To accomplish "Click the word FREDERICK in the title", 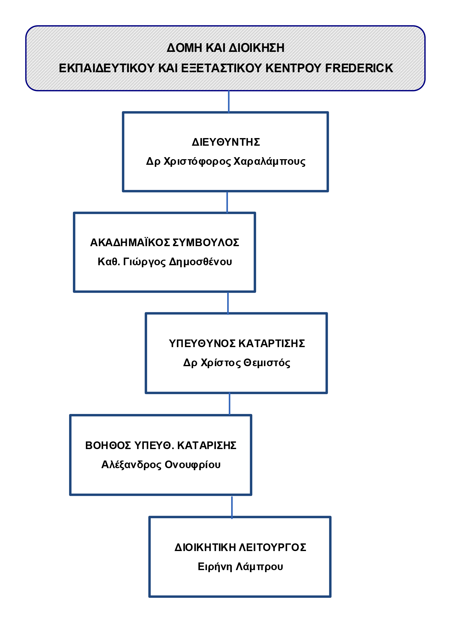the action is pyautogui.click(x=359, y=68).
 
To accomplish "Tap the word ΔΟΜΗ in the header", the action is pyautogui.click(x=184, y=48).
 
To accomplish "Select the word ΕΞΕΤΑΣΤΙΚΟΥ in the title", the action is pyautogui.click(x=222, y=68).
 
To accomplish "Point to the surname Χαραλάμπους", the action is pyautogui.click(x=269, y=161).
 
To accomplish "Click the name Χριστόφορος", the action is pyautogui.click(x=197, y=161).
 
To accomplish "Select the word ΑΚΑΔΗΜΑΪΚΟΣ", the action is pyautogui.click(x=130, y=243).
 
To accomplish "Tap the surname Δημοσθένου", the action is pyautogui.click(x=200, y=262).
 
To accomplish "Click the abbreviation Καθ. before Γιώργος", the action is pyautogui.click(x=109, y=262).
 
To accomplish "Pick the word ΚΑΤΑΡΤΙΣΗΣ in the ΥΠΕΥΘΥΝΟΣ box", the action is pyautogui.click(x=271, y=344).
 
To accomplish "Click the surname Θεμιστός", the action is pyautogui.click(x=267, y=363).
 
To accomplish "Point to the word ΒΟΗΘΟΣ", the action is pyautogui.click(x=108, y=445).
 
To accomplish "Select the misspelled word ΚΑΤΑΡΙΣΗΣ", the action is pyautogui.click(x=207, y=445).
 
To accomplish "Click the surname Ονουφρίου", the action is pyautogui.click(x=192, y=465).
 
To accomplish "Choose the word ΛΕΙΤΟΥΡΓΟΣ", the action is pyautogui.click(x=272, y=547).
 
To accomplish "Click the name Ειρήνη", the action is pyautogui.click(x=215, y=567).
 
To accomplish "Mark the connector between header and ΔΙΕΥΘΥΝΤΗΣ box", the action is pyautogui.click(x=229, y=101).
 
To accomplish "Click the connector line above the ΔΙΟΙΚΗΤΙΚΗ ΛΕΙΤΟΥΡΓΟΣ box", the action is pyautogui.click(x=232, y=508).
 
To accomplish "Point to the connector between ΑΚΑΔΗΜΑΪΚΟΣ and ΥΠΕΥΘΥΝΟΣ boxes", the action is pyautogui.click(x=228, y=303).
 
